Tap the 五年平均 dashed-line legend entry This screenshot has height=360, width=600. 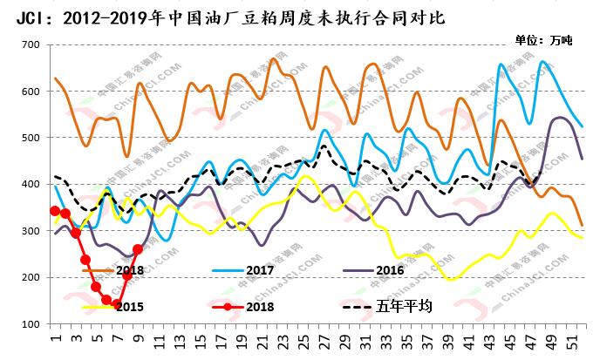tap(405, 308)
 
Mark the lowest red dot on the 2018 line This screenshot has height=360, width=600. tap(116, 304)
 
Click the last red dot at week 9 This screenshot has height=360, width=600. tap(138, 249)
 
